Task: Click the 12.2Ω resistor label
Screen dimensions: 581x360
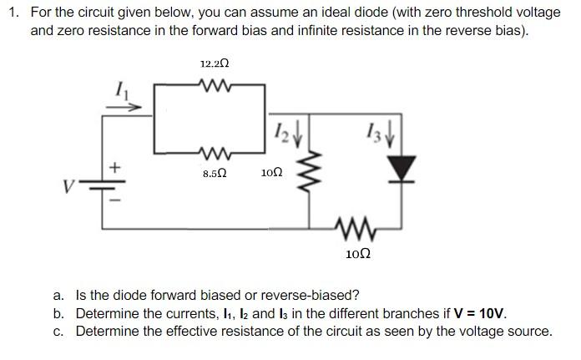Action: click(x=215, y=63)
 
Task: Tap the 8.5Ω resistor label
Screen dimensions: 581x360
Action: click(x=215, y=173)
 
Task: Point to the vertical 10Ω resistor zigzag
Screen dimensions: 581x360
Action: click(x=310, y=171)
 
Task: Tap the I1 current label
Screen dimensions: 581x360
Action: click(x=122, y=90)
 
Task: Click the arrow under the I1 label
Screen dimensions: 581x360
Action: click(x=124, y=108)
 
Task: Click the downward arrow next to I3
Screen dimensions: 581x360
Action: click(x=389, y=135)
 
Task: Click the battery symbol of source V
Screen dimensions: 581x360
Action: click(x=103, y=185)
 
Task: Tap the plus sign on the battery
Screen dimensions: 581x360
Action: click(x=115, y=167)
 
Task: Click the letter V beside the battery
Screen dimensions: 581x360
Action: click(x=68, y=186)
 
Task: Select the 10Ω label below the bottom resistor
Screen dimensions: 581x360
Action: click(x=358, y=254)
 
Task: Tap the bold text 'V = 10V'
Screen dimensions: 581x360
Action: click(x=479, y=314)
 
